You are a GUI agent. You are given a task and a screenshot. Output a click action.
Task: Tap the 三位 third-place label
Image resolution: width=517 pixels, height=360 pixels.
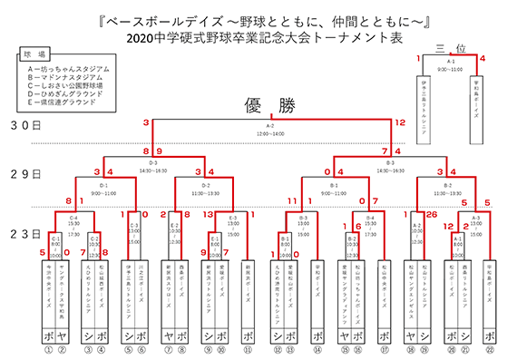[x=450, y=48]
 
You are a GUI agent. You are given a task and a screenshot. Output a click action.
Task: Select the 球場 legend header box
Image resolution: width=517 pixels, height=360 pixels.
[x=34, y=54]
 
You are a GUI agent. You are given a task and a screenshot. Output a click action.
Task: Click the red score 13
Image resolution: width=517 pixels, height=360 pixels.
[x=209, y=215]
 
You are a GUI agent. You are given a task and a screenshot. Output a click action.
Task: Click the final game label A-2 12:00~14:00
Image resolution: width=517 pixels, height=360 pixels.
[x=270, y=129]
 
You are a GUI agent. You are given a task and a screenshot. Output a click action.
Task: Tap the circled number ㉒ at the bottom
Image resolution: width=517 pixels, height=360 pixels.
[x=490, y=349]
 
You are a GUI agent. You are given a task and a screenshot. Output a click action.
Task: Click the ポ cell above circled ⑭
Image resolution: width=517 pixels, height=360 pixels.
[x=318, y=334]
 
